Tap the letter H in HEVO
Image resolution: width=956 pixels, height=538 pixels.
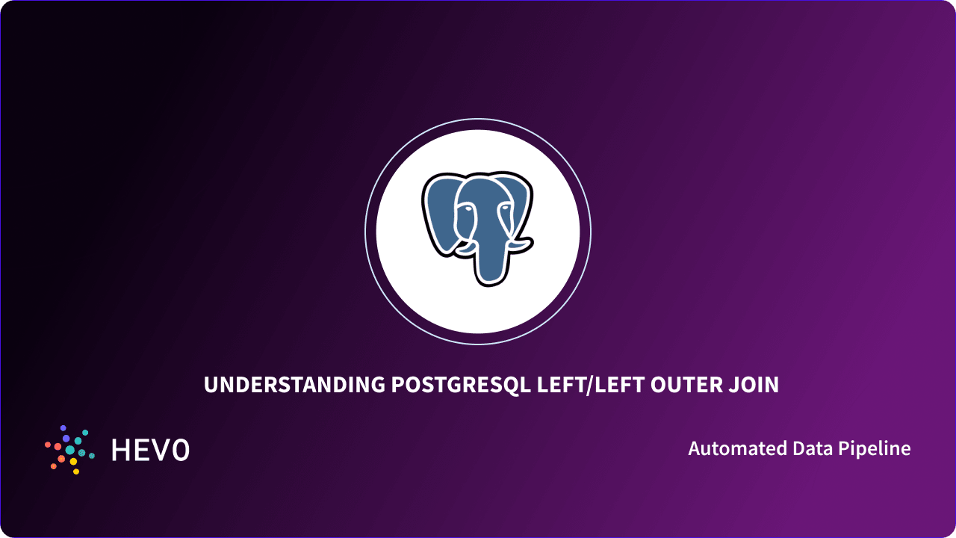pyautogui.click(x=120, y=450)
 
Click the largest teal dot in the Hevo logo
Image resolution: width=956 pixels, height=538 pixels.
pyautogui.click(x=69, y=450)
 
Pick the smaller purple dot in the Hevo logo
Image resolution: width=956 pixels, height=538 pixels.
pyautogui.click(x=63, y=427)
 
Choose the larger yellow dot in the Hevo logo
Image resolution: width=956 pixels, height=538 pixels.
pyautogui.click(x=73, y=462)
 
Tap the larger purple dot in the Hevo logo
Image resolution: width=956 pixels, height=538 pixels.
pyautogui.click(x=66, y=438)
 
